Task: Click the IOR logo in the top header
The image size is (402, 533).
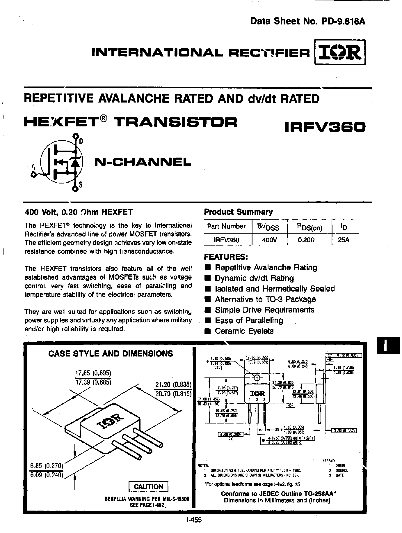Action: [x=340, y=52]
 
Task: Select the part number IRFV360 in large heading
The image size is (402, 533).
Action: [x=325, y=127]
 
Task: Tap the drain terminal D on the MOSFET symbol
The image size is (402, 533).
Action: [x=76, y=136]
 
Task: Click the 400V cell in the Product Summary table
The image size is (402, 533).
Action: [x=269, y=240]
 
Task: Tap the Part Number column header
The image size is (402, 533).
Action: [x=226, y=226]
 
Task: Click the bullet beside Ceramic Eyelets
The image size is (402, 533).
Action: [x=207, y=331]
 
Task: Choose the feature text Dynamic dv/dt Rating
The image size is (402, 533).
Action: [x=254, y=278]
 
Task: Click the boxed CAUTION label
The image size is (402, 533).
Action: [x=149, y=487]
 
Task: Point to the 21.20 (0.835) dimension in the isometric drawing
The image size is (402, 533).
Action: [x=172, y=384]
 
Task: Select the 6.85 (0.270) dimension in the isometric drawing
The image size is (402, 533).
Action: [x=47, y=466]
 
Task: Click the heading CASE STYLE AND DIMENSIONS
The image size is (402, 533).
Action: [x=111, y=354]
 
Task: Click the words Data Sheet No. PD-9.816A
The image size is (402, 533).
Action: [x=308, y=22]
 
